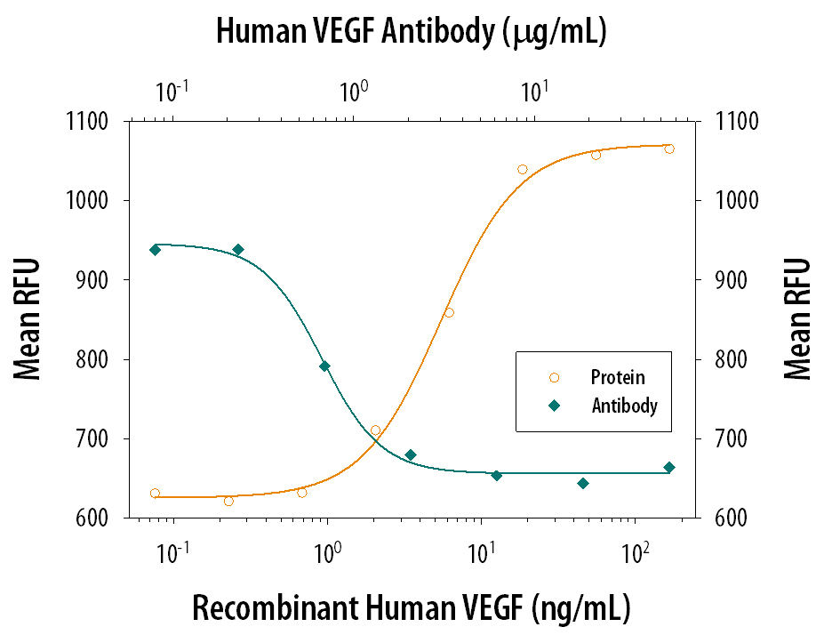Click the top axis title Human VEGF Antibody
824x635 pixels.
click(411, 33)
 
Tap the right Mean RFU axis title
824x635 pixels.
click(797, 318)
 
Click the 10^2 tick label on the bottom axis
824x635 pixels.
click(633, 553)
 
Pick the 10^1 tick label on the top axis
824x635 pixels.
click(533, 91)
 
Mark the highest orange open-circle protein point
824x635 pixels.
click(669, 149)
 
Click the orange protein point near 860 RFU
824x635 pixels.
click(449, 312)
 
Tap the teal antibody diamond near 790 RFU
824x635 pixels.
click(324, 366)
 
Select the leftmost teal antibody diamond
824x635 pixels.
click(155, 250)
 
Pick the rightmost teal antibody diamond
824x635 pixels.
click(669, 468)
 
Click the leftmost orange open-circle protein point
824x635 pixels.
click(155, 493)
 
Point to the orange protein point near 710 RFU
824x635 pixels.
click(375, 430)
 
